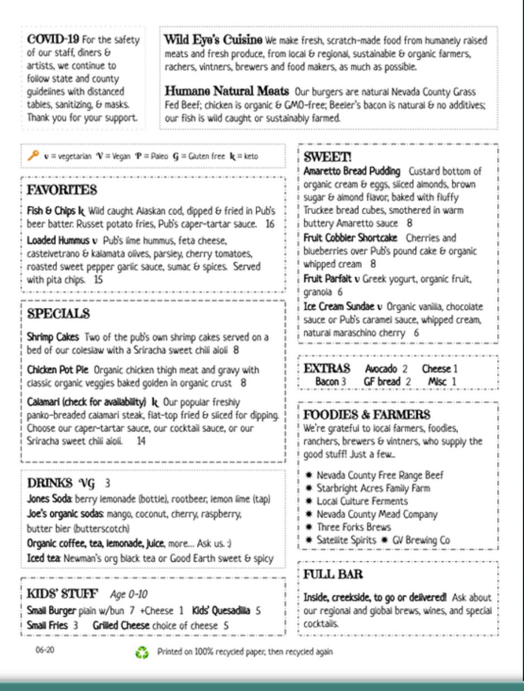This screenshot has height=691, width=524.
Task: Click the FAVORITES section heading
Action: (x=62, y=191)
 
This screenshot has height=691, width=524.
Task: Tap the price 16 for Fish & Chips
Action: (x=270, y=225)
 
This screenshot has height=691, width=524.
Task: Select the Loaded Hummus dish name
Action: (x=54, y=241)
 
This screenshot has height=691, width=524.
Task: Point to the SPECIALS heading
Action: (x=58, y=314)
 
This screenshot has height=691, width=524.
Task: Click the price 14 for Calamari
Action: (x=141, y=441)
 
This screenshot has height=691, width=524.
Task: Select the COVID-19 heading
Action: (x=53, y=40)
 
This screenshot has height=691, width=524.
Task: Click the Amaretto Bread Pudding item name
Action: (x=352, y=171)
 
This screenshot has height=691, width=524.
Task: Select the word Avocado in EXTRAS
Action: (x=381, y=369)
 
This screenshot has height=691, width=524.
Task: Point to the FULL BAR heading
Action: (x=333, y=574)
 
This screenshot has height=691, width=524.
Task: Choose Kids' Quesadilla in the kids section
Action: (x=221, y=610)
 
